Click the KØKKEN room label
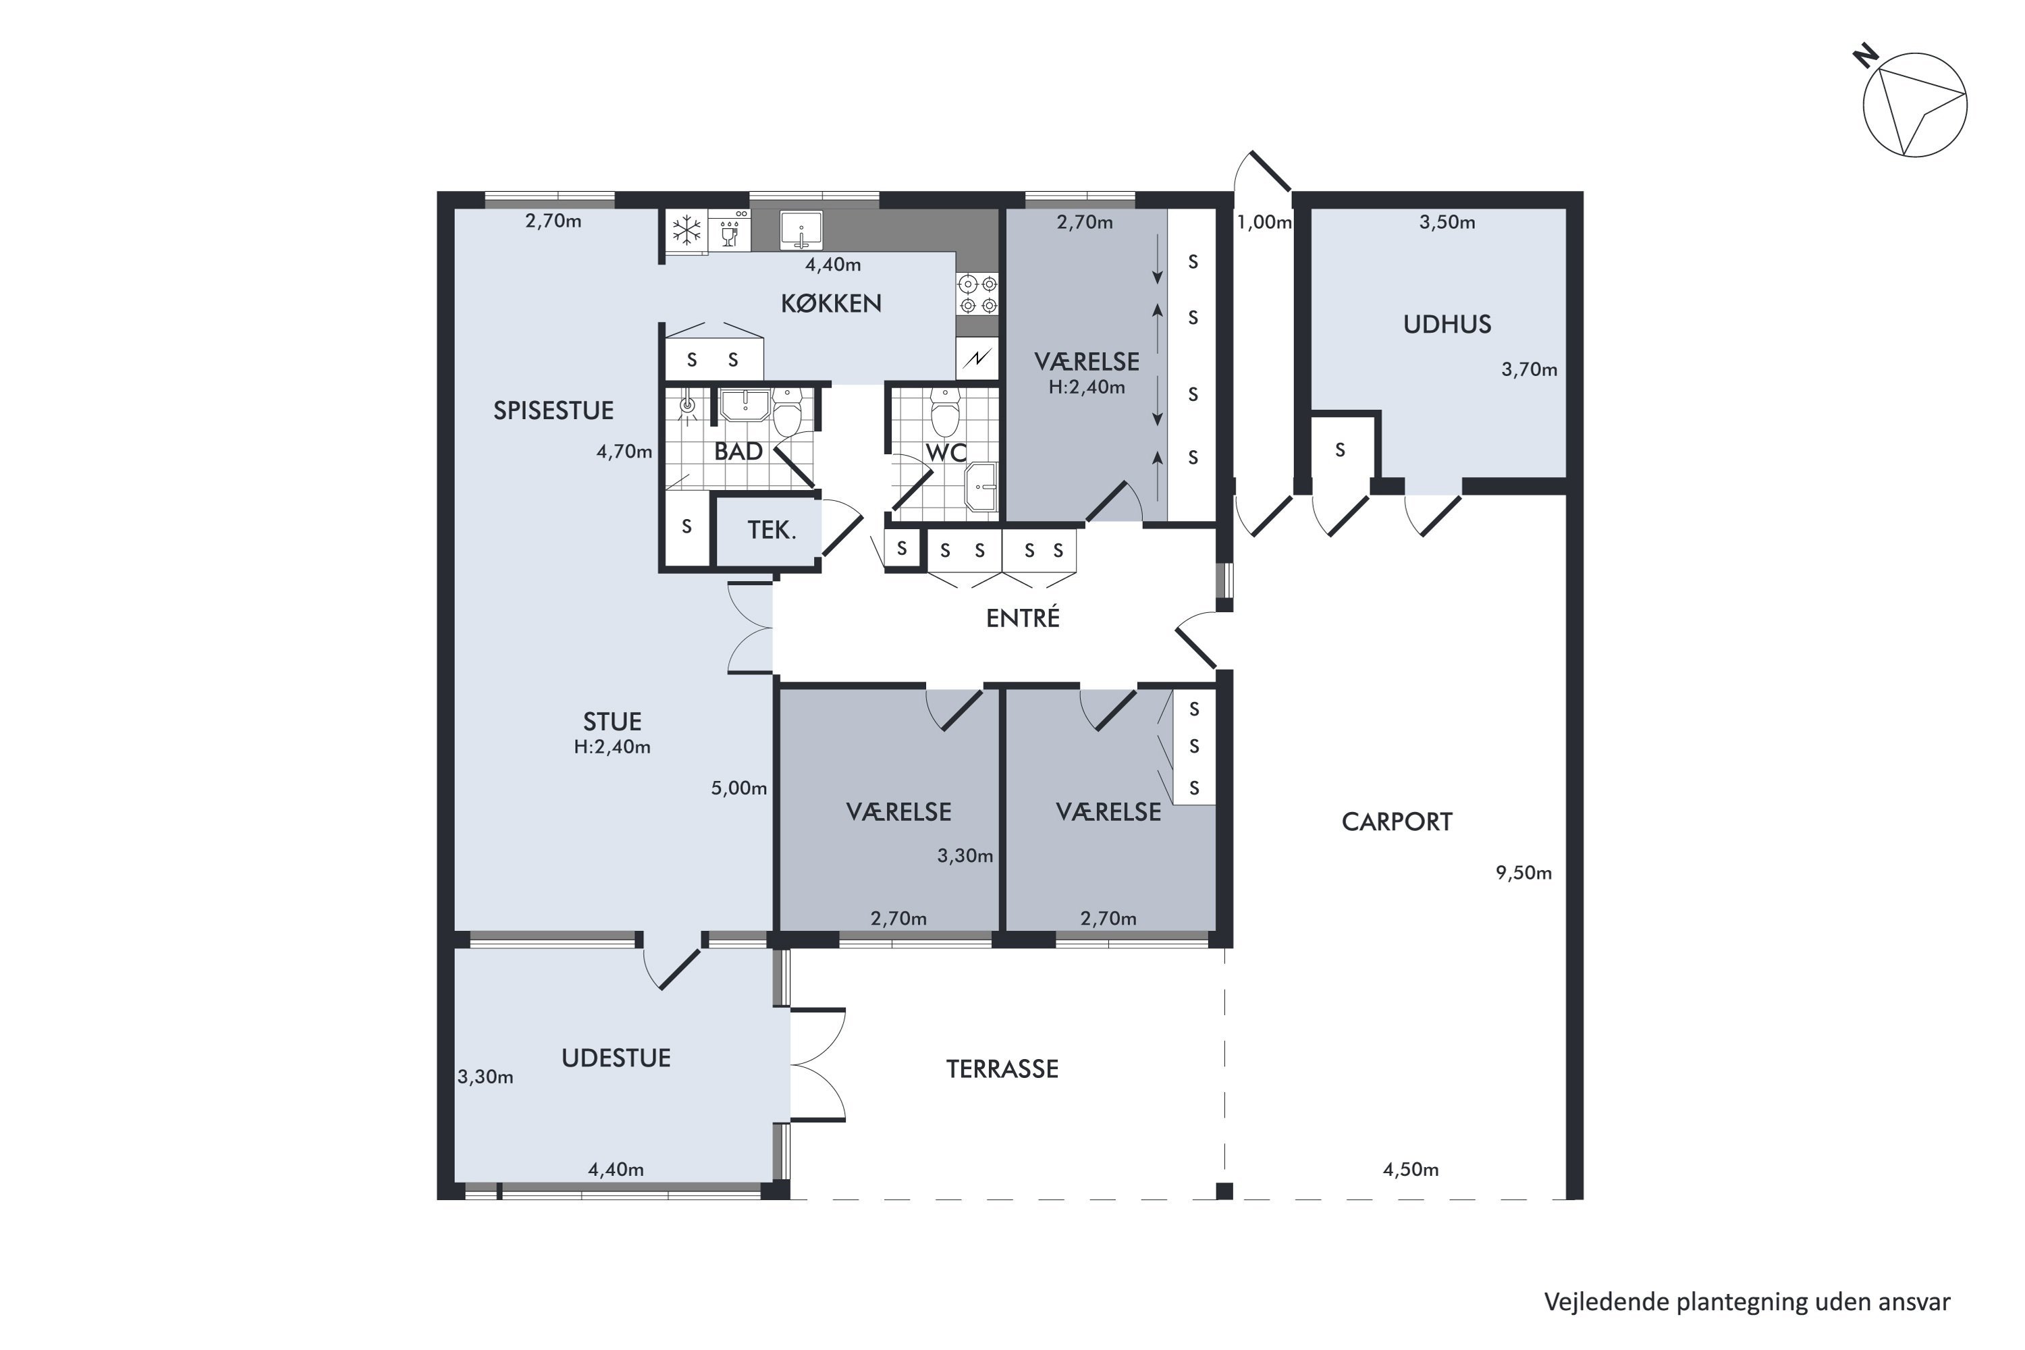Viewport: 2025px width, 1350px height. coord(831,304)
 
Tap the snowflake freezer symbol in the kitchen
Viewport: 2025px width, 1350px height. coord(686,231)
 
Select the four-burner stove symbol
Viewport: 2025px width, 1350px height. coord(978,294)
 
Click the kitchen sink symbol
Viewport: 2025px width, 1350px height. coord(801,231)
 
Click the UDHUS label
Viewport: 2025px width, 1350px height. coord(1447,325)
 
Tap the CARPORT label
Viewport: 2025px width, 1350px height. coord(1397,822)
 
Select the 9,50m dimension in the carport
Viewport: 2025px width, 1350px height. coord(1523,873)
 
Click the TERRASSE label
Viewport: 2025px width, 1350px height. coord(1002,1069)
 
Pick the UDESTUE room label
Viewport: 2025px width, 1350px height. coord(616,1058)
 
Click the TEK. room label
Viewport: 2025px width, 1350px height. coord(772,531)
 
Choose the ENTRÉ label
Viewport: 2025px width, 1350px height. coord(1023,618)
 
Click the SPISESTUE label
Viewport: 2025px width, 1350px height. coord(553,410)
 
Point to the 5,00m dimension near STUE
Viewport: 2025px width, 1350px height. coord(738,788)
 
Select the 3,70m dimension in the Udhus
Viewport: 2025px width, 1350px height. coord(1529,369)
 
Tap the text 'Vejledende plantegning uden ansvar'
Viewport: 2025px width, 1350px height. coord(1747,1302)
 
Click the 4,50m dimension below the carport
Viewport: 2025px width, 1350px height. coord(1410,1169)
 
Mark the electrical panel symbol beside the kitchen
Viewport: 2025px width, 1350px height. coord(977,358)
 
